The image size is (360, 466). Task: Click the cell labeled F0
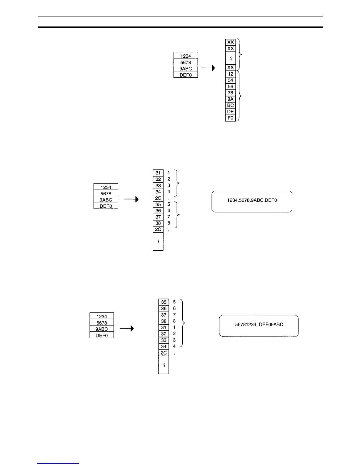pos(231,118)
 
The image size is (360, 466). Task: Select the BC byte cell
pos(231,106)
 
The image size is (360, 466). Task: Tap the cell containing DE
pos(231,112)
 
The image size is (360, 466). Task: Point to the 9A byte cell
pos(231,99)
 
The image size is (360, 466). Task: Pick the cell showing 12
pos(231,74)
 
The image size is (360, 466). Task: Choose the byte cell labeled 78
pos(231,93)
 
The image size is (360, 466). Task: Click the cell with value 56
pos(231,87)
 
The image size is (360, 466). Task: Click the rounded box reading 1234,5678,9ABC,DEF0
pos(252,202)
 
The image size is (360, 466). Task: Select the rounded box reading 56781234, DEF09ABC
pos(259,326)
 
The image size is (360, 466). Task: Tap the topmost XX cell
pos(231,42)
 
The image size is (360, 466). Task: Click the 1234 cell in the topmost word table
pos(186,56)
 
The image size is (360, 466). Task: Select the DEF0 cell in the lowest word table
pos(102,335)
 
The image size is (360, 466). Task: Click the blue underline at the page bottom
pos(59,463)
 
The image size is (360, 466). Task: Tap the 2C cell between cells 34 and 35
pos(158,198)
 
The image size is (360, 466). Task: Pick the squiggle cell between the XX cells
pos(231,58)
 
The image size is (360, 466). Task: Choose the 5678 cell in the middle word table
pos(106,194)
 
